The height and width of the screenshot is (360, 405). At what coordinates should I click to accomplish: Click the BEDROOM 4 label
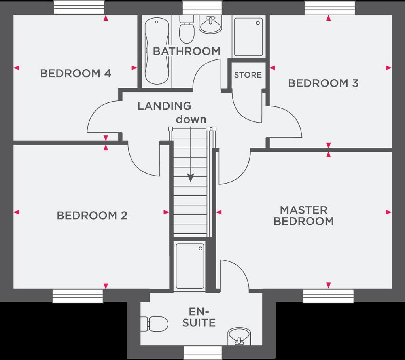(x=76, y=74)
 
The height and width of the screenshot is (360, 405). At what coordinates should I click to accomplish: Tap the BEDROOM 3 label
(x=324, y=83)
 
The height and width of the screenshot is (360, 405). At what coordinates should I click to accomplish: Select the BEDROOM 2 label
(x=92, y=216)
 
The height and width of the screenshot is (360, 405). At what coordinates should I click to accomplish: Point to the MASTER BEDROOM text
(x=304, y=216)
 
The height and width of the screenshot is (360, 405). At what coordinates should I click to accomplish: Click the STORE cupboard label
(x=248, y=75)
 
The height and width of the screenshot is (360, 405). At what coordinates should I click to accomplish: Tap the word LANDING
(x=164, y=106)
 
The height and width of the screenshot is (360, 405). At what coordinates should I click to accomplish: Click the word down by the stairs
(x=191, y=119)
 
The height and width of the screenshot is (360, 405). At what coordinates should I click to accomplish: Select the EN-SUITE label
(x=199, y=317)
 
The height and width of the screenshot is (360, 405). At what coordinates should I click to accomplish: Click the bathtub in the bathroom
(x=157, y=51)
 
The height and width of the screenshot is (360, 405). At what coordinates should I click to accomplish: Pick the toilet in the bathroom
(x=187, y=29)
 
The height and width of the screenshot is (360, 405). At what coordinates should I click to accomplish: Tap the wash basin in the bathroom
(x=210, y=25)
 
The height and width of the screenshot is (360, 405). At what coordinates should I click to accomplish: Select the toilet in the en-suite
(x=155, y=324)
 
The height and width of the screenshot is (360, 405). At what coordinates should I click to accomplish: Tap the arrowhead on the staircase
(x=191, y=178)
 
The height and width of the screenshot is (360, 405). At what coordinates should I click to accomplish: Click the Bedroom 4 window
(x=79, y=7)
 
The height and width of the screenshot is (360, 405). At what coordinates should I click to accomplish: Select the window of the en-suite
(x=203, y=353)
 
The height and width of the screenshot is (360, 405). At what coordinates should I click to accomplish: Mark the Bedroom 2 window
(x=78, y=296)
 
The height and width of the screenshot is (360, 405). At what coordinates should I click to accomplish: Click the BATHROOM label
(x=187, y=51)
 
